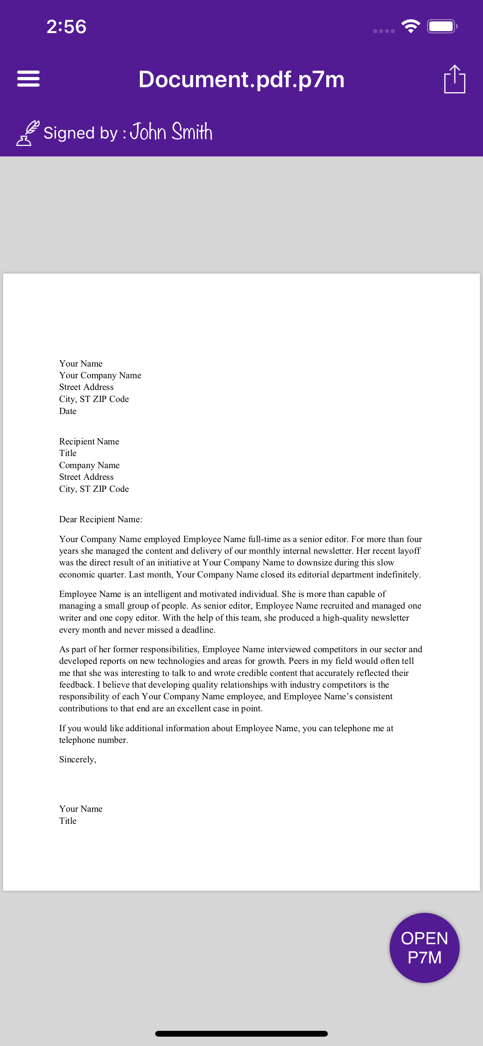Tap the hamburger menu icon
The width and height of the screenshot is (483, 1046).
click(x=28, y=79)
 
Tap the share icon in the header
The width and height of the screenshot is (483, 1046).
click(x=454, y=79)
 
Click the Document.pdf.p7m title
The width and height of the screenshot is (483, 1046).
click(x=241, y=79)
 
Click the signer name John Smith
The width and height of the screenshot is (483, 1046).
click(x=171, y=132)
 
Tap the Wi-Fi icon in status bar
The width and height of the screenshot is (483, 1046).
click(x=410, y=26)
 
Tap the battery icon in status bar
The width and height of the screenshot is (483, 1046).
click(x=442, y=26)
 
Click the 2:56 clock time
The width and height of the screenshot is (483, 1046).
click(x=66, y=27)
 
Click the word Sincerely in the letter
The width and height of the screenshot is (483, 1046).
click(x=77, y=759)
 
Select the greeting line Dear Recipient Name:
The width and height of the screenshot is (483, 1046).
click(x=101, y=519)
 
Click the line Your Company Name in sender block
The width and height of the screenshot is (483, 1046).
click(x=100, y=375)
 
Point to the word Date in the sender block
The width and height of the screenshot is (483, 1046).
click(x=68, y=411)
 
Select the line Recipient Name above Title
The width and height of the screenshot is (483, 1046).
click(x=89, y=441)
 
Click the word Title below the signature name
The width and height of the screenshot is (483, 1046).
click(x=68, y=821)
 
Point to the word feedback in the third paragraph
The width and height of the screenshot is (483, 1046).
click(x=76, y=684)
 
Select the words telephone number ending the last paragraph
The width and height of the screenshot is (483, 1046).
click(x=93, y=740)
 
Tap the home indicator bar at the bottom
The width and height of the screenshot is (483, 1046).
click(x=241, y=1034)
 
